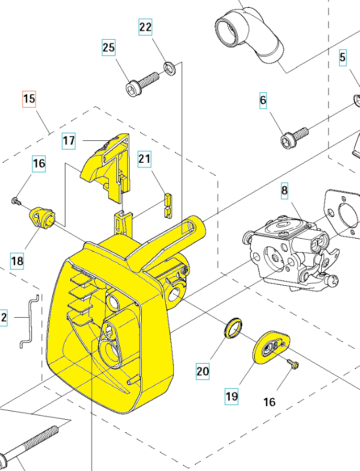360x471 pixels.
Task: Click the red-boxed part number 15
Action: tap(29, 98)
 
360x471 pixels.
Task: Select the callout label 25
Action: tap(108, 48)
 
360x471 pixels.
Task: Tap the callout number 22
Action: tap(145, 27)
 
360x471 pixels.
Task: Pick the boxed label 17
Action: tap(69, 140)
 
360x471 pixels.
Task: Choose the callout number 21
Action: tap(144, 159)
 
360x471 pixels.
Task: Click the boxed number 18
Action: tap(17, 261)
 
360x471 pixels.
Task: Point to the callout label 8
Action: tap(284, 190)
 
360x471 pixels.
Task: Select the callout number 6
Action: tap(263, 100)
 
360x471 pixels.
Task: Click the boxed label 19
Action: tap(231, 396)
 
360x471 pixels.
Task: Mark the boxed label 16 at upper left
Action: tap(39, 164)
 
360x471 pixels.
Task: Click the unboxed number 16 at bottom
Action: tap(269, 402)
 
